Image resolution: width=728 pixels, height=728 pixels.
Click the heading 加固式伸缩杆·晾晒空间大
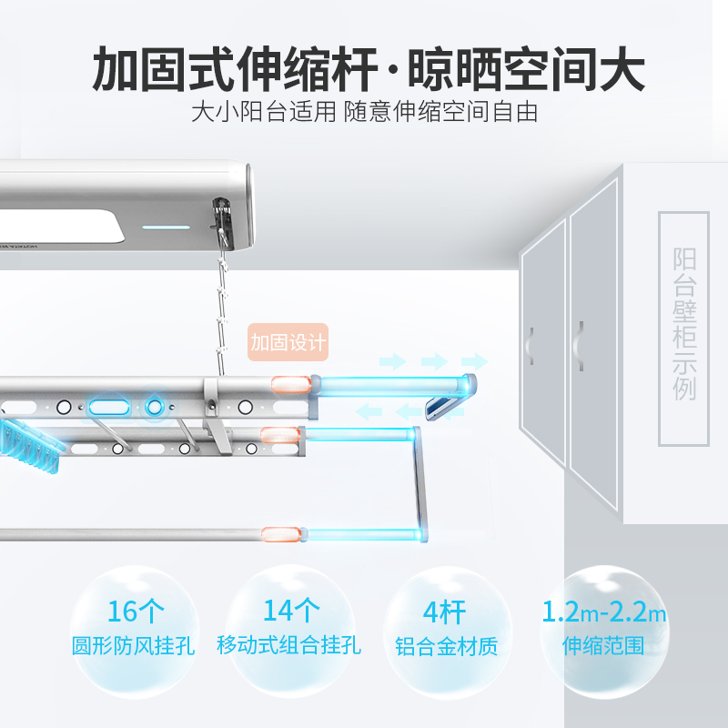coord(369,69)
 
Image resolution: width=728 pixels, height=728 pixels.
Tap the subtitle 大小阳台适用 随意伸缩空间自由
coord(365,112)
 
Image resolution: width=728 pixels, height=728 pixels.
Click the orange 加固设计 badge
coord(288,342)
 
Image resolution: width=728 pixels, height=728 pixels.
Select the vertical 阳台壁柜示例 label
coord(684,324)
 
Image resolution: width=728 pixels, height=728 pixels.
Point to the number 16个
coord(136,612)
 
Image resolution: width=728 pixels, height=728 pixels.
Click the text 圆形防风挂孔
coord(133,646)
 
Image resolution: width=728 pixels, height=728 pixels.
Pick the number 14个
coord(291,610)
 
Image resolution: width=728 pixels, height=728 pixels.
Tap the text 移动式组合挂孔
coord(288,645)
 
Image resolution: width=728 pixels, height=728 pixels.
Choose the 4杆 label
coord(444,612)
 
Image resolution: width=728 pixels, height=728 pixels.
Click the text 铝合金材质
coord(446,646)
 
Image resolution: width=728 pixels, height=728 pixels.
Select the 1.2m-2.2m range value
coord(604,612)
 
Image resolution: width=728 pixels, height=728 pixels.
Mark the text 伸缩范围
coord(603,646)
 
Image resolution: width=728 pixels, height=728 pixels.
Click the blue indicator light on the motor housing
coord(166,227)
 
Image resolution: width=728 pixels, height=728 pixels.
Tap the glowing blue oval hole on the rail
coord(109,408)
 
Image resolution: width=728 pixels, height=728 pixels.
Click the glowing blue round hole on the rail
coord(155,407)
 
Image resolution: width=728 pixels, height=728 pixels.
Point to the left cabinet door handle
coord(531,346)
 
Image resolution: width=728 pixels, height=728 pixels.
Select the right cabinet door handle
coord(579,346)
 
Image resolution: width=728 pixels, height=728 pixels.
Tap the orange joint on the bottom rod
coord(280,534)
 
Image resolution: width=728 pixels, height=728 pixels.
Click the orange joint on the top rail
coord(291,384)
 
